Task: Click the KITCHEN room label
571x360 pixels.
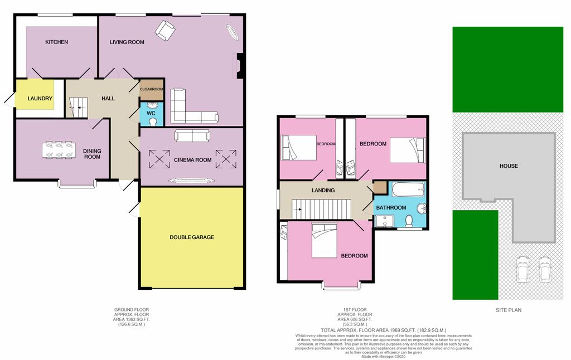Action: (x=56, y=42)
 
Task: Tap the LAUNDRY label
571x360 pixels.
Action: (x=40, y=99)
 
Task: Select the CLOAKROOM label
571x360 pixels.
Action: (x=151, y=89)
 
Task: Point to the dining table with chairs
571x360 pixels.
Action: (x=59, y=150)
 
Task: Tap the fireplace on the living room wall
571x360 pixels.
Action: (x=239, y=65)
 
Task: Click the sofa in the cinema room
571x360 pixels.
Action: (x=192, y=135)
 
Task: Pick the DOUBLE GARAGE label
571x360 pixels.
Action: (x=192, y=237)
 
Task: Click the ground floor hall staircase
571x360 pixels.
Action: (x=78, y=105)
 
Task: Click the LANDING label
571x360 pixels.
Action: (x=323, y=190)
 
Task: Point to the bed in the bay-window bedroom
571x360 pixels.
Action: (x=324, y=241)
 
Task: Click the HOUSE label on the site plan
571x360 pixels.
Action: (x=509, y=166)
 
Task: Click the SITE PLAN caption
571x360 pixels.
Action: (x=509, y=310)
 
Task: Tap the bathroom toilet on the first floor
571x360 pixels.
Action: (x=408, y=221)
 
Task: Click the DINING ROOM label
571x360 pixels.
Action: (x=92, y=154)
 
